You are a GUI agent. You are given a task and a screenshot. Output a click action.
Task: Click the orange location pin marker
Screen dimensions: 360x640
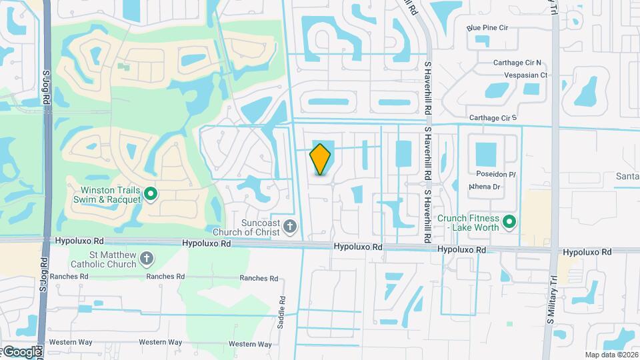click(x=321, y=159)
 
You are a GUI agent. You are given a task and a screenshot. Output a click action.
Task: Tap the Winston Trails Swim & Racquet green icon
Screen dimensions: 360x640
click(x=151, y=194)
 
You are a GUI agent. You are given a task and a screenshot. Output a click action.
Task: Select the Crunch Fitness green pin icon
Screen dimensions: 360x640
click(x=510, y=221)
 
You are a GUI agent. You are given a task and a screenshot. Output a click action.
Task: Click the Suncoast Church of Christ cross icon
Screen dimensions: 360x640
click(x=289, y=227)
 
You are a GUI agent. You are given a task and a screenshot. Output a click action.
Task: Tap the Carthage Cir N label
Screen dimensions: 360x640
click(x=517, y=63)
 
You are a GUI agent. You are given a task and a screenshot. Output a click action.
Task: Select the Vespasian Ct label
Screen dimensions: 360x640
click(x=525, y=75)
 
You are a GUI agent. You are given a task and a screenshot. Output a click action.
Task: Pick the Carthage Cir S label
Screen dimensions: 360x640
click(x=493, y=118)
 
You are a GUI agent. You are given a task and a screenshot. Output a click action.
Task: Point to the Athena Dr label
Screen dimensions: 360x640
click(x=485, y=187)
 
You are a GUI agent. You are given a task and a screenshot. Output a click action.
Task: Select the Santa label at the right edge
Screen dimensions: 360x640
click(x=627, y=176)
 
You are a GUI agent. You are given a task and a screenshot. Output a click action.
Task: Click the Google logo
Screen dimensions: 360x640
click(x=22, y=351)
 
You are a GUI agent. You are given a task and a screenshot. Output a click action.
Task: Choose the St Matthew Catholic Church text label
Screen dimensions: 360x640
click(x=113, y=259)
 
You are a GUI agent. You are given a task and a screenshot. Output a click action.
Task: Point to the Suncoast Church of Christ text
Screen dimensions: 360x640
click(x=253, y=227)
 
